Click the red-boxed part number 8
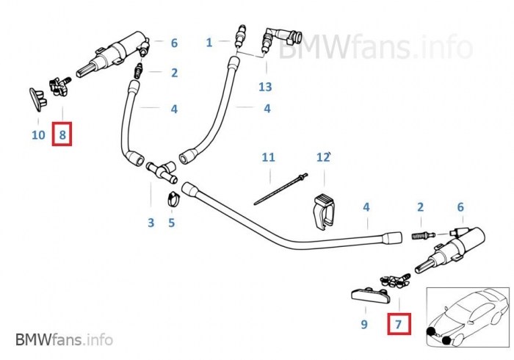[x=62, y=134]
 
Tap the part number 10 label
[x=39, y=134]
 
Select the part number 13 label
[x=264, y=87]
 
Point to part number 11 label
[x=268, y=157]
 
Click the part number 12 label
[x=322, y=157]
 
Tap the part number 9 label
[x=363, y=323]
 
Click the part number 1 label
[x=209, y=43]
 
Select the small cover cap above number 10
[x=36, y=96]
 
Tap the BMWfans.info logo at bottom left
[x=64, y=339]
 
